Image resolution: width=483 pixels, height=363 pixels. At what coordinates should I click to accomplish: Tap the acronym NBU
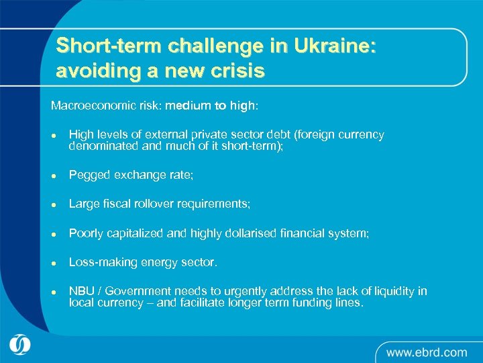81,291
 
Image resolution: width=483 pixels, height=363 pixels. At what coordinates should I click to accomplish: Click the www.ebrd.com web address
426,352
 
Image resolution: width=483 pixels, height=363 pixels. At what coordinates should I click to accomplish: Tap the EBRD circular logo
21,345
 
